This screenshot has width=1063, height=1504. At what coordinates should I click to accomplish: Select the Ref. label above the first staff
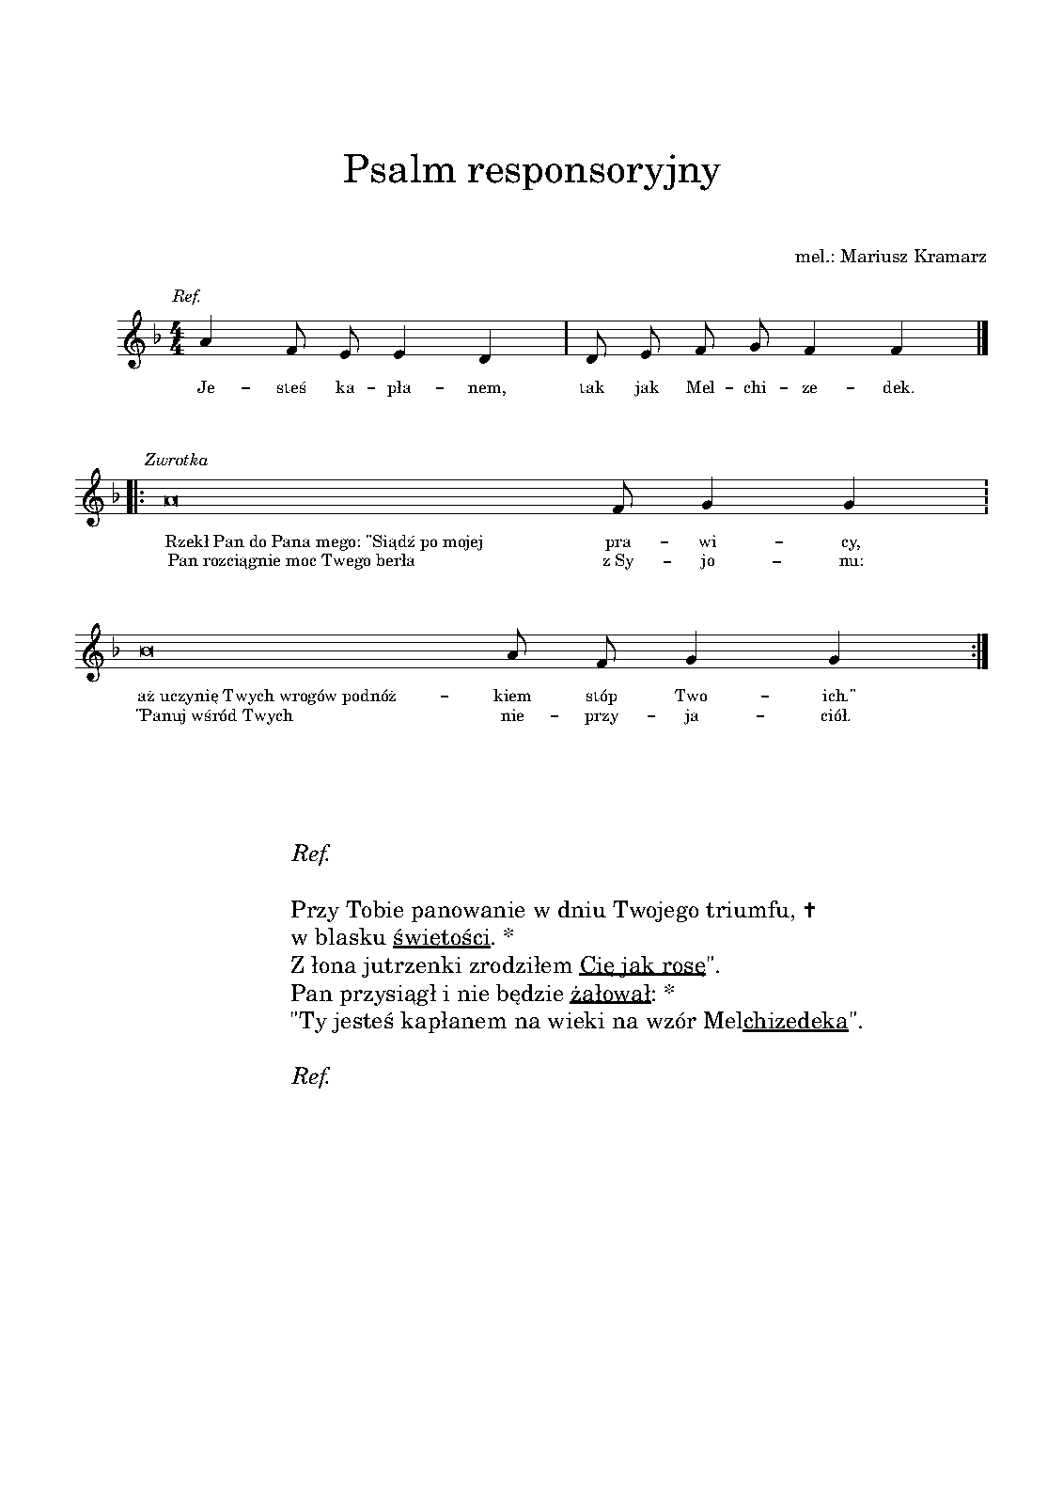181,296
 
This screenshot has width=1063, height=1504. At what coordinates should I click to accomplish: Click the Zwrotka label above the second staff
176,460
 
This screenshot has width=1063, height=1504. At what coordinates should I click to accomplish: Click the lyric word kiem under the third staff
512,697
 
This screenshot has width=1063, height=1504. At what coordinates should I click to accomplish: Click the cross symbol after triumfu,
810,909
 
